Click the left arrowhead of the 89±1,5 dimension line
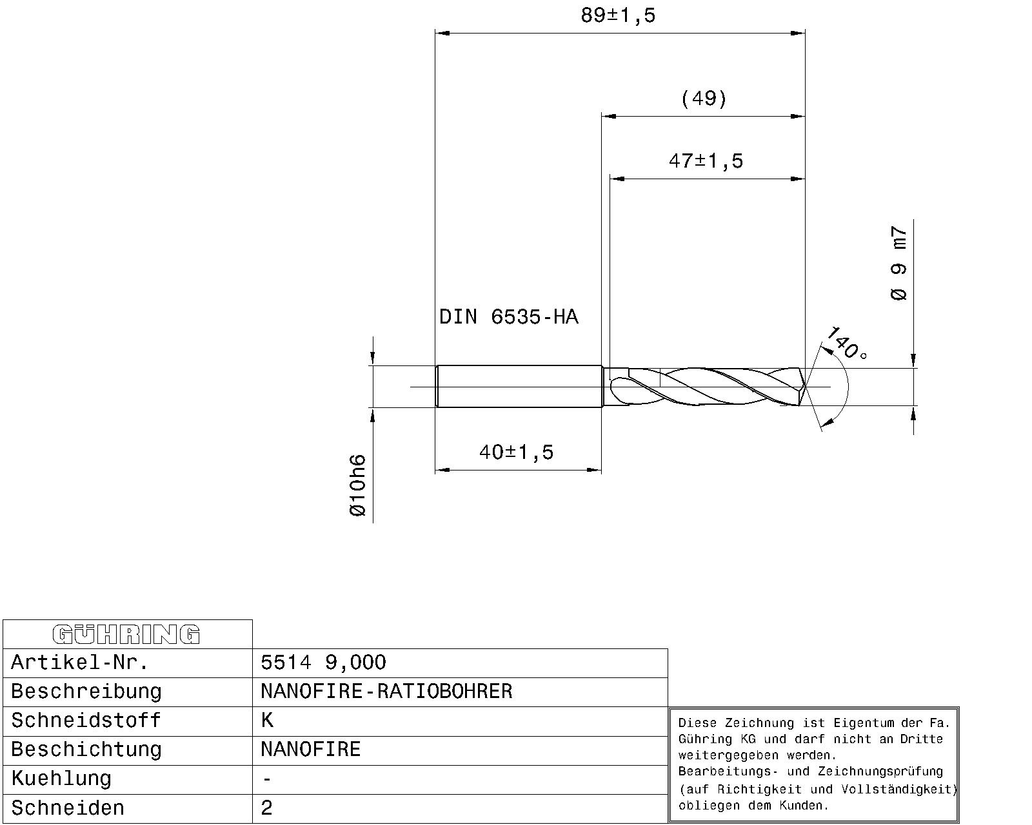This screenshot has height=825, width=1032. [x=442, y=33]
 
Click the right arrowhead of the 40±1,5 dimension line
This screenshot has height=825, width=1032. [x=595, y=470]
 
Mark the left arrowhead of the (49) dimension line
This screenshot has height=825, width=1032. [x=609, y=116]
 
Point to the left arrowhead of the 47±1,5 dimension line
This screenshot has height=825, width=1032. [x=617, y=179]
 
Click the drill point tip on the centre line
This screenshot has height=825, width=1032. [x=806, y=386]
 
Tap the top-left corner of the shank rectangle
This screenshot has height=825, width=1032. [x=436, y=365]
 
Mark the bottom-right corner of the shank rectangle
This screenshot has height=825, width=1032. [x=602, y=407]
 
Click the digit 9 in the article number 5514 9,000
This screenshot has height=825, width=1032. [x=332, y=663]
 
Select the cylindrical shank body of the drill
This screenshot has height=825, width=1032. [x=519, y=386]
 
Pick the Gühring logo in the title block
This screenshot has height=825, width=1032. [x=126, y=634]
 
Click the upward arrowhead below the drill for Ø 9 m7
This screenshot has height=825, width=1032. [x=913, y=413]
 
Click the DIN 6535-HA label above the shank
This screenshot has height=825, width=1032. [x=509, y=317]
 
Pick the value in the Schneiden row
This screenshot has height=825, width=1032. [x=267, y=808]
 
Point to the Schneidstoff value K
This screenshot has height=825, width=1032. [x=267, y=721]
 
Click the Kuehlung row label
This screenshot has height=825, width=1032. [x=61, y=779]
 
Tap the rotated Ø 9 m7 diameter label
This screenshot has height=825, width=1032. [x=898, y=263]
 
